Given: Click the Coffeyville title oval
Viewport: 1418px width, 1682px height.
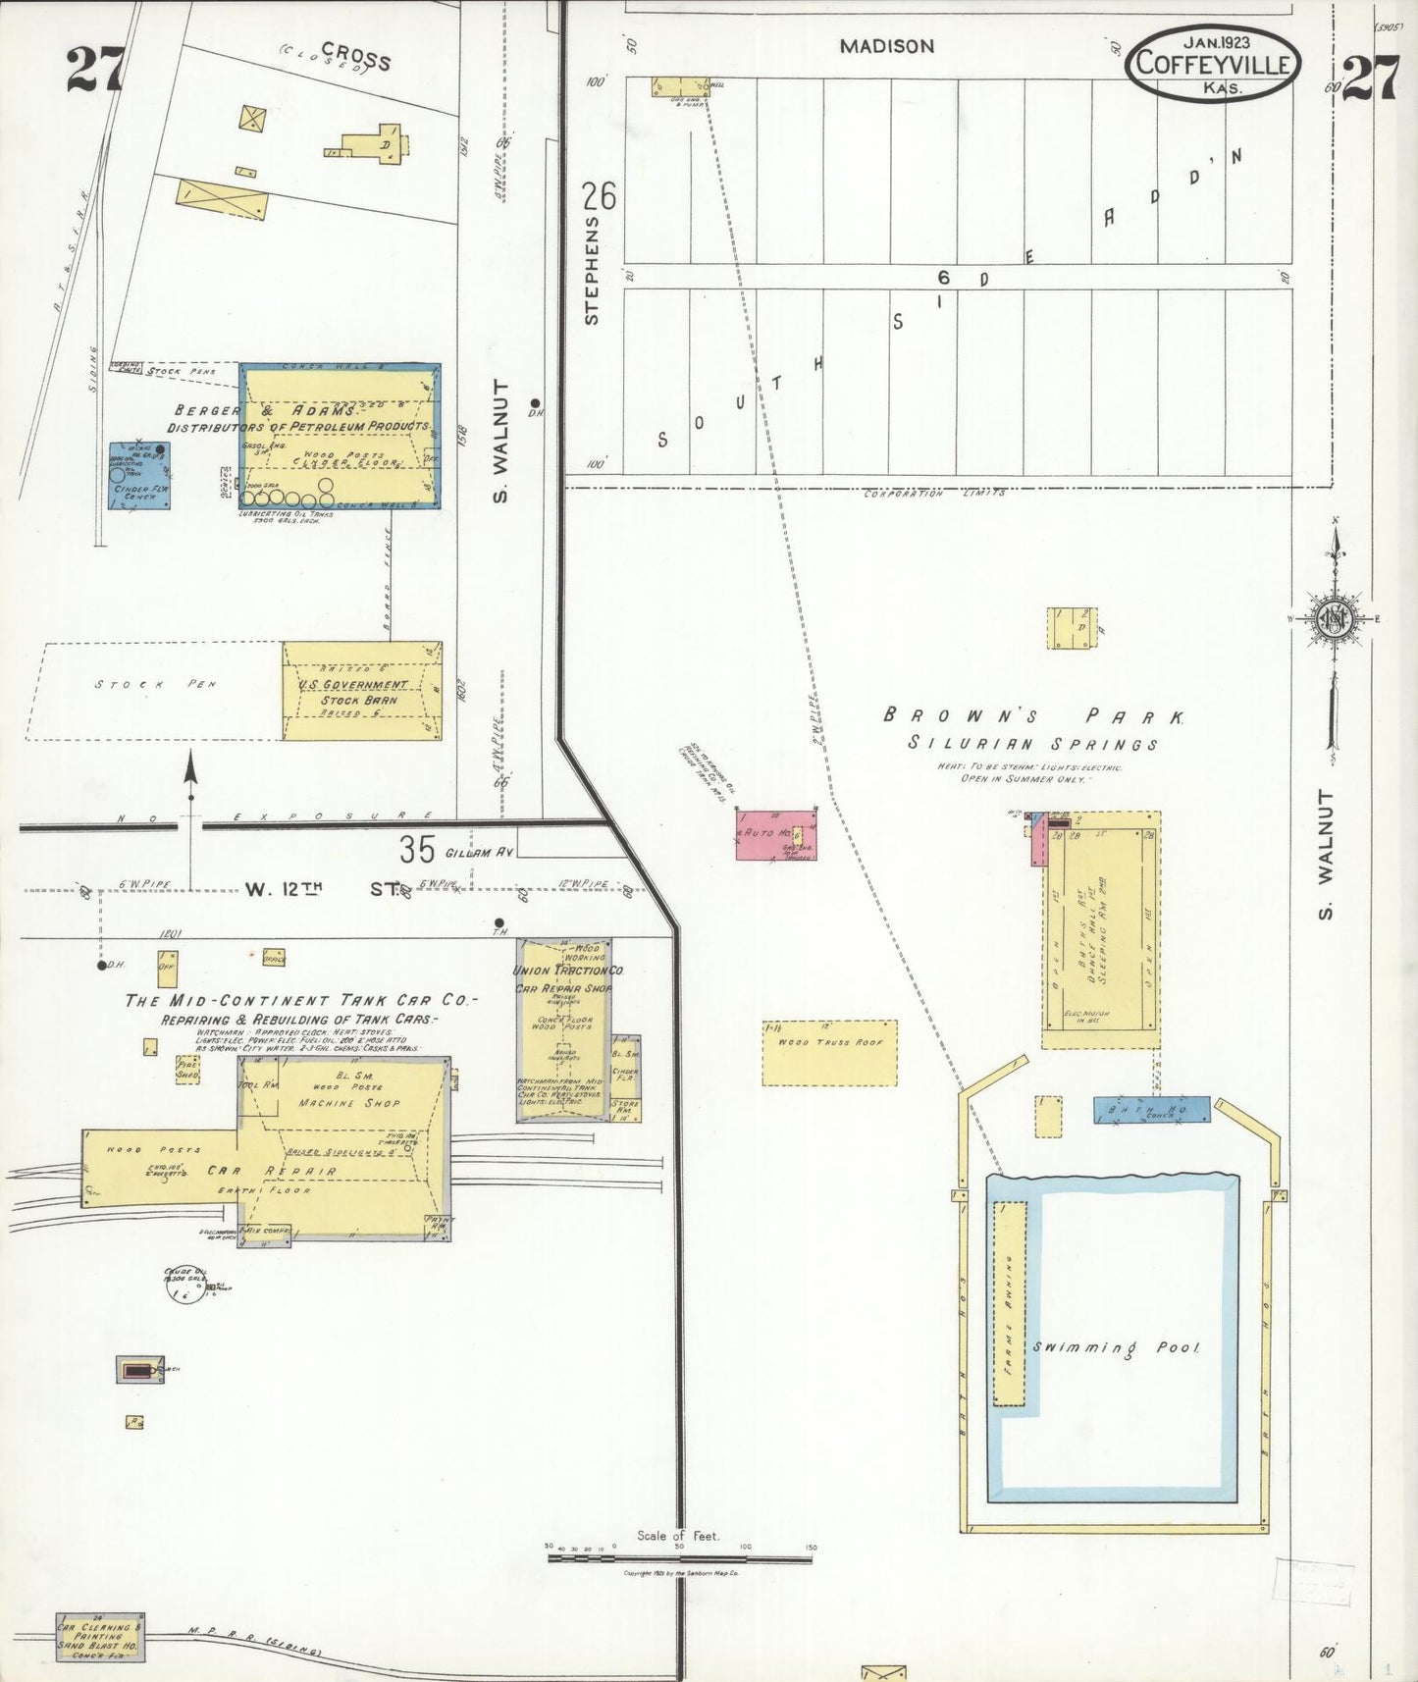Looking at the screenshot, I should (x=1215, y=63).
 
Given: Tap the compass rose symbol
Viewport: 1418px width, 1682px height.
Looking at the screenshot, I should (x=1335, y=619).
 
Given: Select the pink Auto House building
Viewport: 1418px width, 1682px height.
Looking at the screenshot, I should (x=775, y=834).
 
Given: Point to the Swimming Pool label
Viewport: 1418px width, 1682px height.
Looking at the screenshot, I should (x=1116, y=1347).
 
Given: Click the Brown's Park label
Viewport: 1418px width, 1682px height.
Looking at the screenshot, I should (x=1033, y=715).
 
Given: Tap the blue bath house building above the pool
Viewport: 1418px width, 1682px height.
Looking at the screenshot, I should (x=1152, y=1110).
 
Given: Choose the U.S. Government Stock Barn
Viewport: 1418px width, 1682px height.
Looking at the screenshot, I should (x=361, y=691).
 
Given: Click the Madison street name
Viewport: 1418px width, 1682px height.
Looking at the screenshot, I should (x=887, y=46).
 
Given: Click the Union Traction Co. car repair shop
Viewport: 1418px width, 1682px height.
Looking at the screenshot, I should (x=564, y=1030).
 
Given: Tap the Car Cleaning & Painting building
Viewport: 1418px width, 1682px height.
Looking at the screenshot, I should (x=100, y=1636).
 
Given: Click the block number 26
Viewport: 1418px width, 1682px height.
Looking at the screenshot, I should (x=600, y=196).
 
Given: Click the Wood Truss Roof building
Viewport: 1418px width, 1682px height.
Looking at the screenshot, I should (x=829, y=1052).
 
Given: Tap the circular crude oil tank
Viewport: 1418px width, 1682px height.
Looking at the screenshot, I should (x=184, y=1286).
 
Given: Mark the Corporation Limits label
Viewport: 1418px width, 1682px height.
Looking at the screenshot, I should (x=933, y=493).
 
